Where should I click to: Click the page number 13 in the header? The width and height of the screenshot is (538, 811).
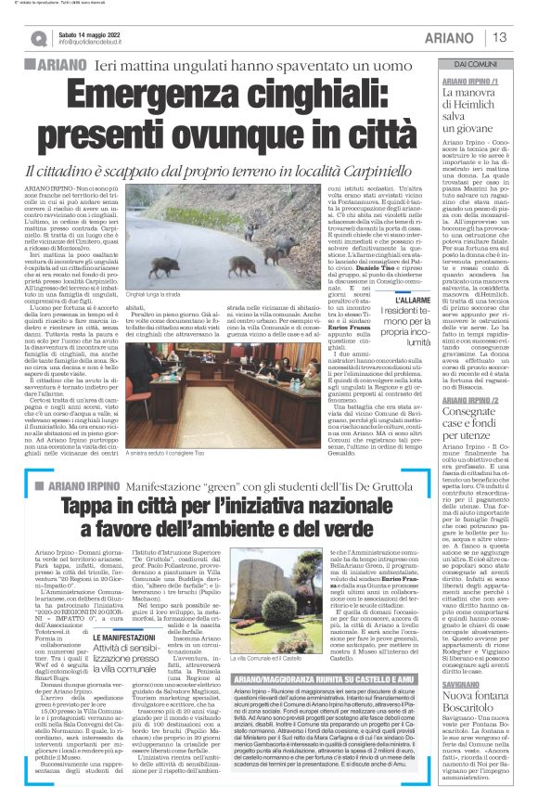(x=500, y=37)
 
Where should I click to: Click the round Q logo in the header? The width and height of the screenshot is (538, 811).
(x=40, y=38)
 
